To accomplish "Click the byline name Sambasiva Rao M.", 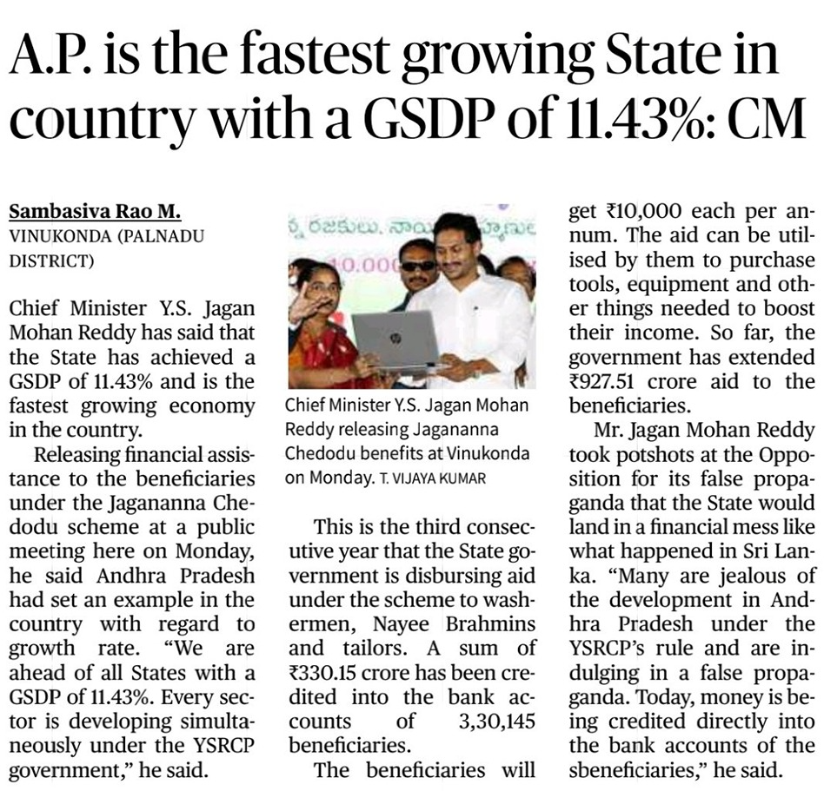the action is [95, 212].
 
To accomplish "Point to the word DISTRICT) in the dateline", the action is [52, 260].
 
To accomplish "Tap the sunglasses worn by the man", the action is [418, 266].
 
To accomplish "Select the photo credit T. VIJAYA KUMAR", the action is [433, 478].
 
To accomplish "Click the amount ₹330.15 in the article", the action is [322, 673].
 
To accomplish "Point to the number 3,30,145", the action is [496, 722].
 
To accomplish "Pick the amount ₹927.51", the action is [601, 381].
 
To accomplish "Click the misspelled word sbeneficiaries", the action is [634, 770].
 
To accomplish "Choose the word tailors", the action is [375, 649].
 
